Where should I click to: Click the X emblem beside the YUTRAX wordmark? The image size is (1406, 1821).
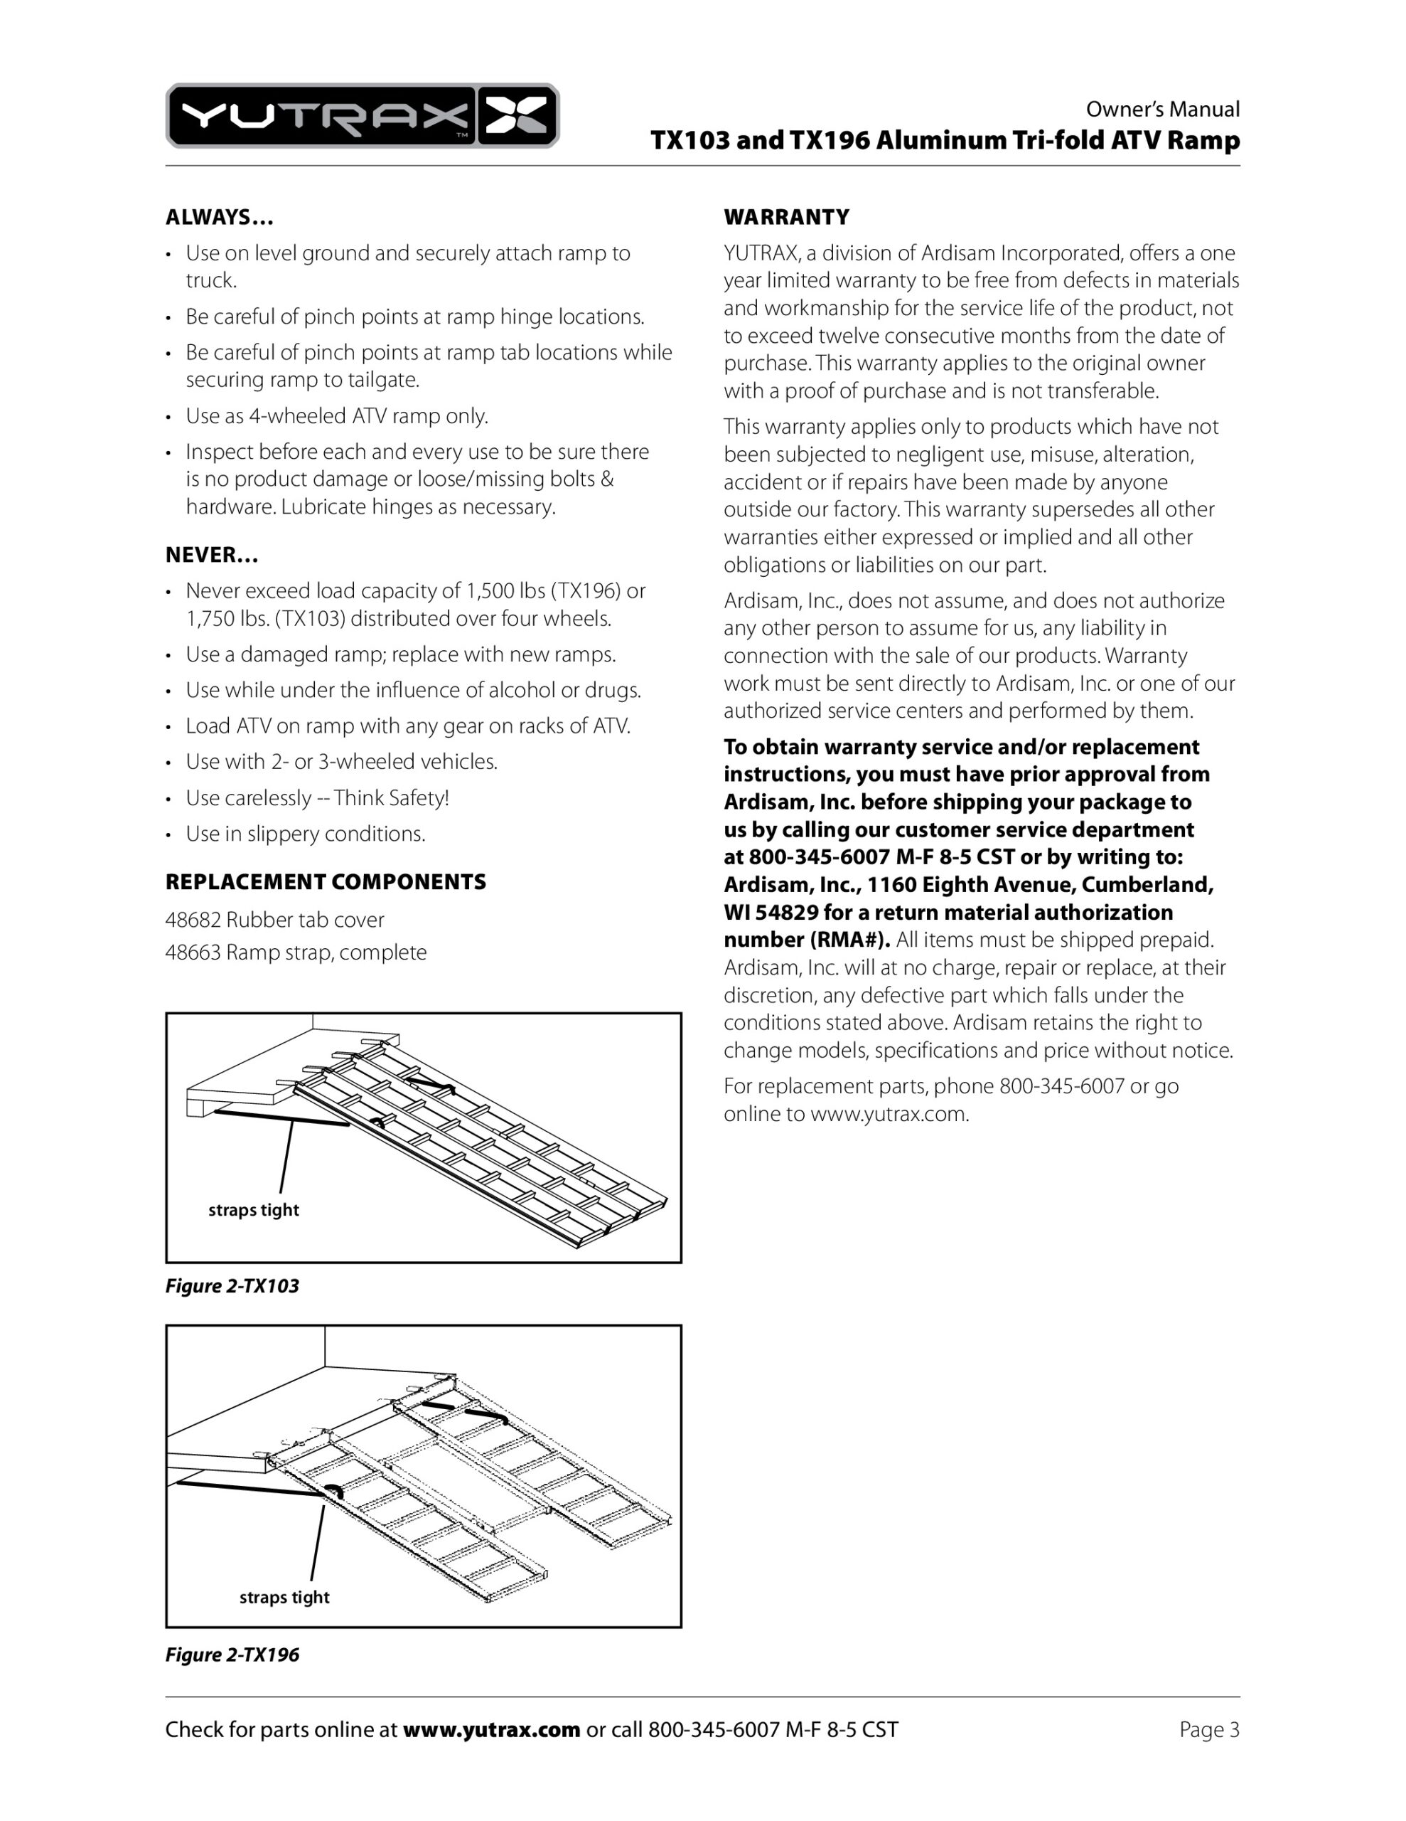pyautogui.click(x=516, y=116)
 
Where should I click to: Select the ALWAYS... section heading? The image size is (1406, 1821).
pyautogui.click(x=219, y=218)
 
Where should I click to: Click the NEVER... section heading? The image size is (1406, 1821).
pyautogui.click(x=212, y=556)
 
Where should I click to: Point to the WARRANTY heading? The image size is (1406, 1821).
pyautogui.click(x=786, y=218)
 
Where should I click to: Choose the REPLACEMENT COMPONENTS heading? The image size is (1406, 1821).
pyautogui.click(x=325, y=882)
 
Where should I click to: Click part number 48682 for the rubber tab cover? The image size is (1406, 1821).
pyautogui.click(x=193, y=920)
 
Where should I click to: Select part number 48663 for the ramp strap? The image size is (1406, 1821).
pyautogui.click(x=193, y=952)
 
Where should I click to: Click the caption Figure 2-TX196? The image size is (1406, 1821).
pyautogui.click(x=232, y=1655)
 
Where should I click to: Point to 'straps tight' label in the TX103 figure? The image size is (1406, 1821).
pyautogui.click(x=253, y=1210)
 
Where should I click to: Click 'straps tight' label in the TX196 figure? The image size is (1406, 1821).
pyautogui.click(x=284, y=1597)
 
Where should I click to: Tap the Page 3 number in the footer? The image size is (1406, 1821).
pyautogui.click(x=1208, y=1729)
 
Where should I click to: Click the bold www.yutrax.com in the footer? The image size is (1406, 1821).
pyautogui.click(x=491, y=1729)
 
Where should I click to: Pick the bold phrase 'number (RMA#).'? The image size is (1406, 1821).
pyautogui.click(x=806, y=940)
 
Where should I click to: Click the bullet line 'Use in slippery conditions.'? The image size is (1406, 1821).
pyautogui.click(x=305, y=834)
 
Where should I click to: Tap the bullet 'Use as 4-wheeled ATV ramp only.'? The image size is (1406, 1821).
pyautogui.click(x=337, y=416)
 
